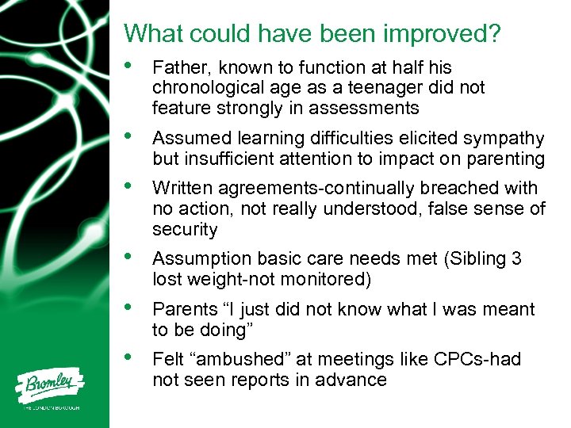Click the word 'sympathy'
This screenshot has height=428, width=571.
click(x=504, y=139)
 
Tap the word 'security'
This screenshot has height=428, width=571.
click(x=185, y=230)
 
